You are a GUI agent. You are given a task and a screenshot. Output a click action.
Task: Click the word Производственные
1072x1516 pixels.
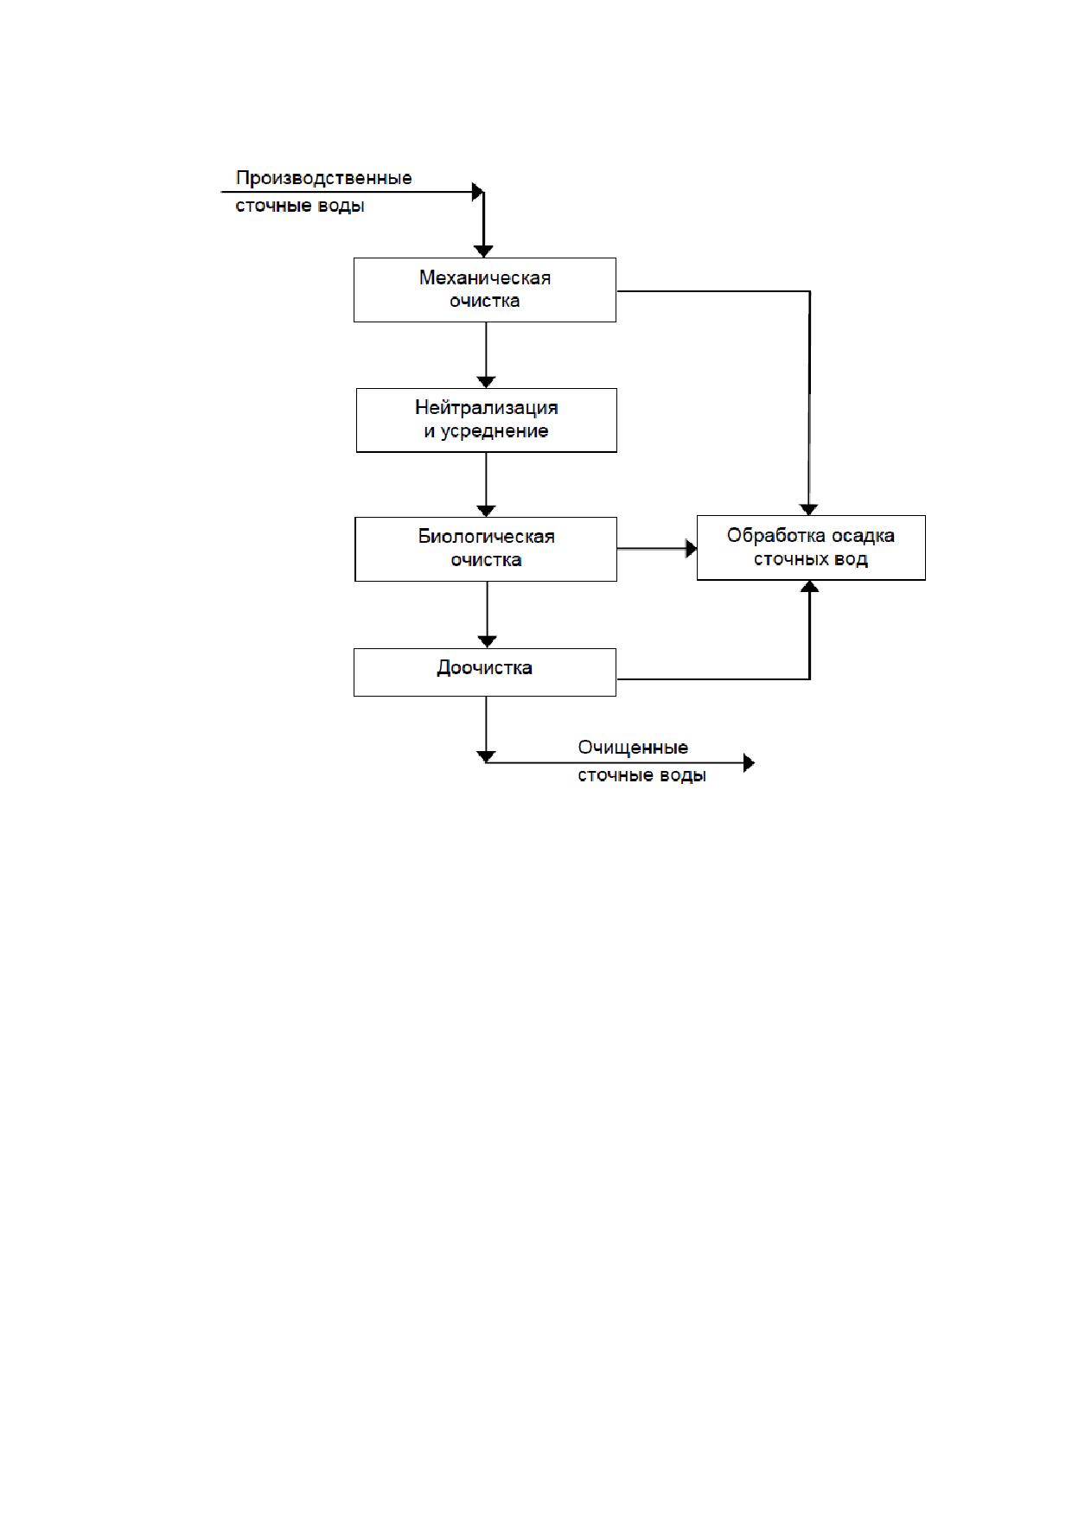[324, 179]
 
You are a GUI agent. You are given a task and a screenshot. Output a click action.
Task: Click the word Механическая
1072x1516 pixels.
[485, 278]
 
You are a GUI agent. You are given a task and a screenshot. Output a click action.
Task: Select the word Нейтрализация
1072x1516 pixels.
[487, 408]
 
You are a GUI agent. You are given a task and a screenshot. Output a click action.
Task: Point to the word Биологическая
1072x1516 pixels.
[487, 537]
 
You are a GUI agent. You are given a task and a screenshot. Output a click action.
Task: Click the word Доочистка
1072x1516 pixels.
[485, 668]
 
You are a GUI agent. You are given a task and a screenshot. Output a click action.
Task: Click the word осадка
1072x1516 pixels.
[864, 536]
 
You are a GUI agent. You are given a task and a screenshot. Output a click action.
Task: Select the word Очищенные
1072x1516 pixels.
[634, 748]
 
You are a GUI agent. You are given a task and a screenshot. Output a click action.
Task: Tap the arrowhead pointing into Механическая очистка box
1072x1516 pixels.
[484, 251]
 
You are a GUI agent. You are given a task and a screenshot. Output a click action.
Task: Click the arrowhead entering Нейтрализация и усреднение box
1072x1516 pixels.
[487, 381]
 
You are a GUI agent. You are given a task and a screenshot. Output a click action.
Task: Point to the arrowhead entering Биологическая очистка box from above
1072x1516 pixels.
[487, 511]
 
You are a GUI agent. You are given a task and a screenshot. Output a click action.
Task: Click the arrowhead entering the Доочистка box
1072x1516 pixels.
[488, 642]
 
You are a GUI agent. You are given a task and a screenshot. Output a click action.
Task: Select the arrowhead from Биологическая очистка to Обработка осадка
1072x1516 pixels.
[691, 549]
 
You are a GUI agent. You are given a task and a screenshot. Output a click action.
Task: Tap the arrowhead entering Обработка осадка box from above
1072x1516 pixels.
[808, 509]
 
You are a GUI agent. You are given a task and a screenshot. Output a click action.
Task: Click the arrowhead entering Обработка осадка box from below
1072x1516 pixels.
[809, 587]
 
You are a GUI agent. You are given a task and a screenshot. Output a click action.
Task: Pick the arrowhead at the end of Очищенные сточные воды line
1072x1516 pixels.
[749, 763]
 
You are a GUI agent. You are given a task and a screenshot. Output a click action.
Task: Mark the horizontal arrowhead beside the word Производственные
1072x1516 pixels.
[477, 192]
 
